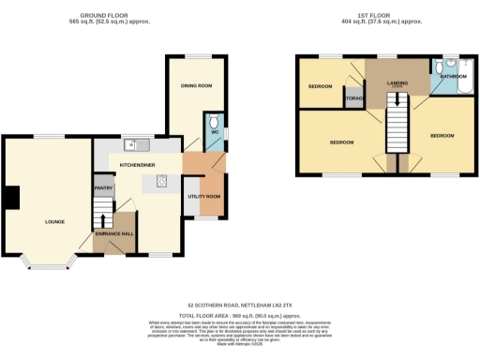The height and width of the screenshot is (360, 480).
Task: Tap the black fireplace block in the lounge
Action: pyautogui.click(x=11, y=198)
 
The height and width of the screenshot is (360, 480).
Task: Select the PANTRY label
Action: pyautogui.click(x=103, y=188)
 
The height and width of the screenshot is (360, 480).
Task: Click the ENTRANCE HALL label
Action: pyautogui.click(x=113, y=232)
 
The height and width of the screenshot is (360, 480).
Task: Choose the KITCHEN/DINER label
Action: pyautogui.click(x=136, y=164)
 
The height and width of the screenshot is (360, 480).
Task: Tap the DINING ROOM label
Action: pyautogui.click(x=197, y=87)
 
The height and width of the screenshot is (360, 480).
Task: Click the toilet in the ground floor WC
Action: pyautogui.click(x=214, y=122)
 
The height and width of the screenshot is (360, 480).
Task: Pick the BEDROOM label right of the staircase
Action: pyautogui.click(x=442, y=136)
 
